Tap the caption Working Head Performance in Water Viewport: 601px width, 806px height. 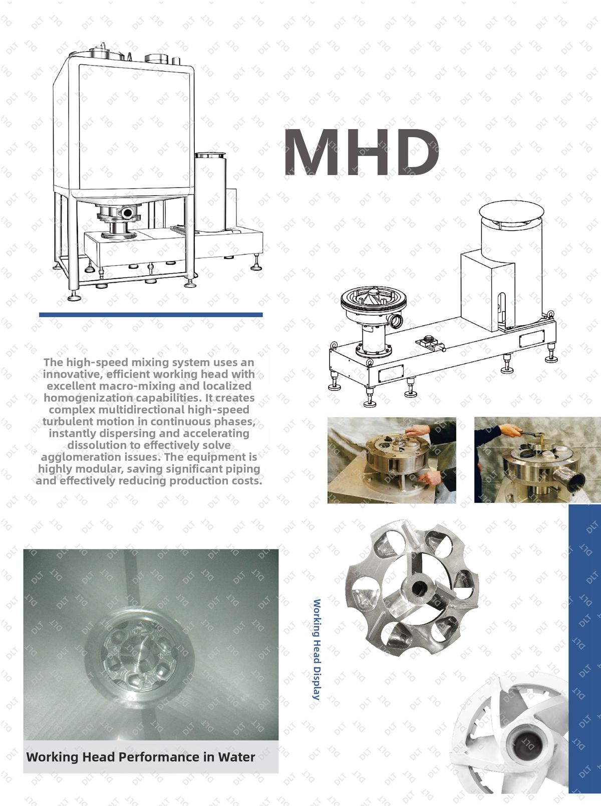pos(140,757)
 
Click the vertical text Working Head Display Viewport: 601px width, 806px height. pos(317,649)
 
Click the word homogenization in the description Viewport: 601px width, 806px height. pos(88,398)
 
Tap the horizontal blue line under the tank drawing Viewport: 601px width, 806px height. pos(151,315)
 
